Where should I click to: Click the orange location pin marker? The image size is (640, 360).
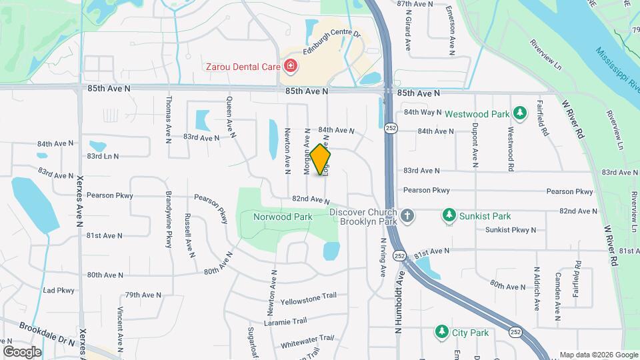(321, 159)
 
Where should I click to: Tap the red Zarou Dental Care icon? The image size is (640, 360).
(290, 66)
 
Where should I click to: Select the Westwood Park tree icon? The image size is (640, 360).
(521, 113)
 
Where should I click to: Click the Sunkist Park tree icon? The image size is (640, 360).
(449, 216)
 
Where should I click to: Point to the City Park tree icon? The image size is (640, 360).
(441, 332)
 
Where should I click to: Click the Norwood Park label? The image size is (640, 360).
(283, 217)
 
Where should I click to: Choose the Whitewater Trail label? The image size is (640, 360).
(307, 340)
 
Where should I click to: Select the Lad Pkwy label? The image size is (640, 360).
(59, 291)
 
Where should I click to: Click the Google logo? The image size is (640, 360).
(22, 351)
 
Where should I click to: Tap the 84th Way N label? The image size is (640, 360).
(423, 113)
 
